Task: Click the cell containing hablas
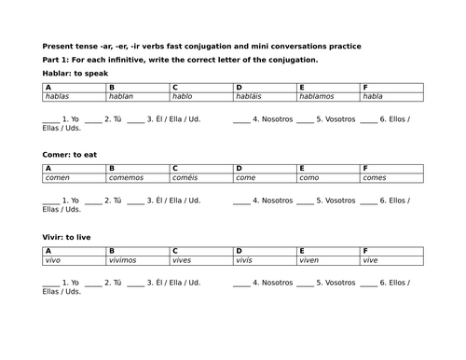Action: point(75,96)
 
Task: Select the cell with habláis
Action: point(265,96)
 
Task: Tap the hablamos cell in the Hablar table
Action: point(328,96)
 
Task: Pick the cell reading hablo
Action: point(201,96)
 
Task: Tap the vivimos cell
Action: point(138,260)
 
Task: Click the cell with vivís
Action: point(265,260)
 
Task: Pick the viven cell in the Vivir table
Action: point(328,260)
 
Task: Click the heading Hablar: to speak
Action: point(69,73)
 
